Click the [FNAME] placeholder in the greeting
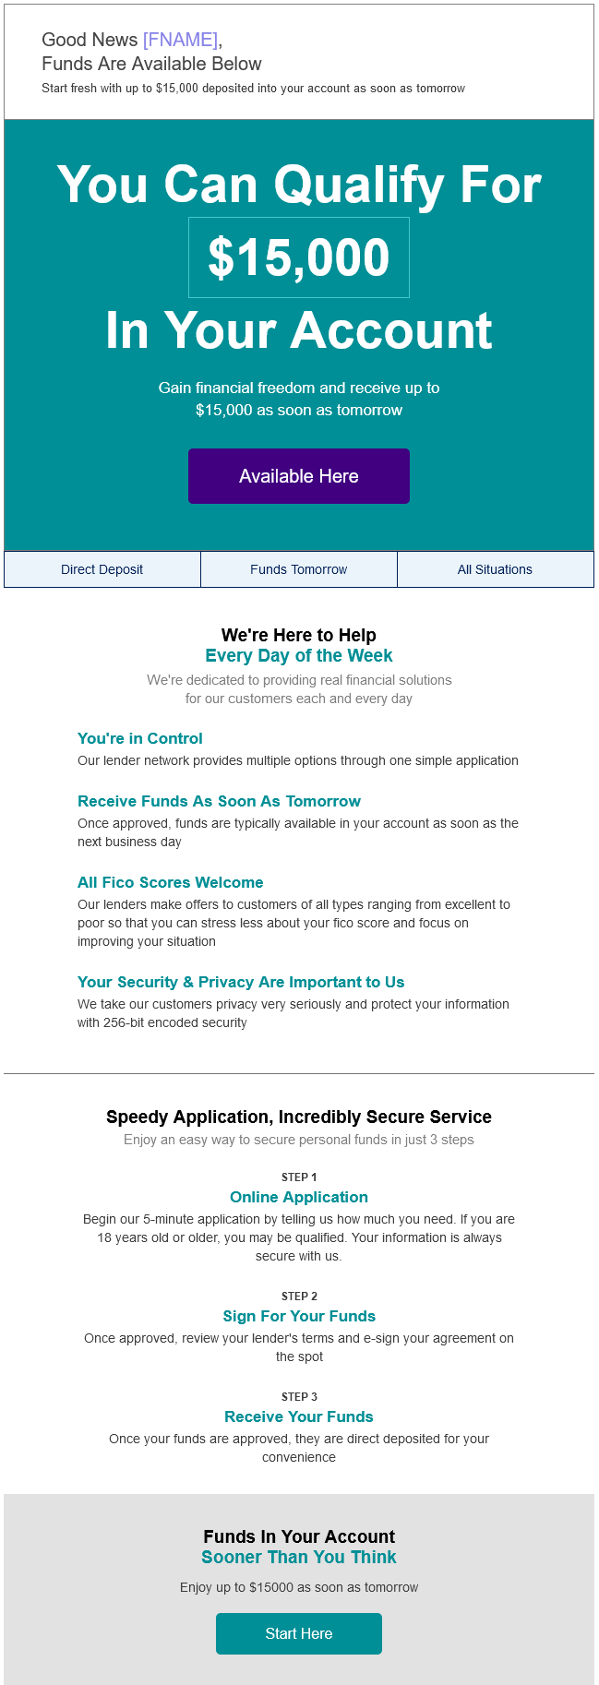click(x=180, y=40)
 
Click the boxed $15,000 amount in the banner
click(x=299, y=257)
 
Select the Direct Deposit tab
click(x=102, y=569)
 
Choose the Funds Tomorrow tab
click(x=298, y=569)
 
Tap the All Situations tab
click(x=495, y=569)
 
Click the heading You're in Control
click(x=140, y=738)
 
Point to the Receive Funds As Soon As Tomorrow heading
click(x=219, y=801)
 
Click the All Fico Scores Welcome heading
click(x=171, y=882)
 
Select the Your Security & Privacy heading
click(x=241, y=982)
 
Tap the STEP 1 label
click(x=299, y=1177)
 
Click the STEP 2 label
click(x=299, y=1296)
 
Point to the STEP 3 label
click(x=299, y=1396)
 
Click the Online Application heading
click(x=299, y=1197)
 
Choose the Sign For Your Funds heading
click(x=299, y=1316)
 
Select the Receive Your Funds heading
click(x=299, y=1416)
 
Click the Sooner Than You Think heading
click(x=299, y=1557)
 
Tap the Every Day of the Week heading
click(x=299, y=655)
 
